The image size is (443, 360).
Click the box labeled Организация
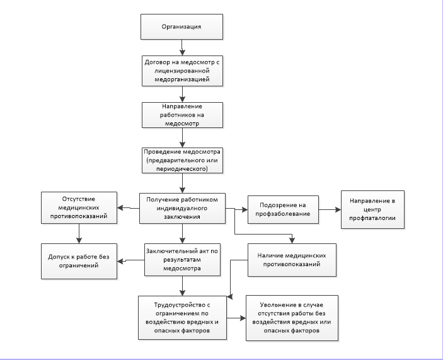point(181,26)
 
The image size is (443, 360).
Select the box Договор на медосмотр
point(182,71)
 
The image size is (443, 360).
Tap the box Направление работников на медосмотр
point(182,115)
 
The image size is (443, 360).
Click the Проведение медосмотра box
point(182,160)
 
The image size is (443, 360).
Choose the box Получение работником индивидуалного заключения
point(182,208)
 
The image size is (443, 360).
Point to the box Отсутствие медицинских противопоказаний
point(79,207)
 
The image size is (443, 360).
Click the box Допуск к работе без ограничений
point(79,261)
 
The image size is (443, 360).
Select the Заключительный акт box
point(182,260)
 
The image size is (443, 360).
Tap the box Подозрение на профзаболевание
point(283,209)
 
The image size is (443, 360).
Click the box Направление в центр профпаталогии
point(372,209)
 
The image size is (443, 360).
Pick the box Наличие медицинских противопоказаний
point(292,260)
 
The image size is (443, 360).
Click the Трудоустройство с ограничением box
point(182,318)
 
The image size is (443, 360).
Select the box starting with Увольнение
point(292,318)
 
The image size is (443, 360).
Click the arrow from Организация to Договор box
point(182,47)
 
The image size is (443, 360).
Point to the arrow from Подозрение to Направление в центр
point(330,210)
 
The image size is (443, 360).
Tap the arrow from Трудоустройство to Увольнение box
point(236,318)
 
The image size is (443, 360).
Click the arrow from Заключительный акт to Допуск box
point(130,261)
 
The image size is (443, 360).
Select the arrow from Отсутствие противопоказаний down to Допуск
point(79,233)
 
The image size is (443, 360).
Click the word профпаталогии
point(372,218)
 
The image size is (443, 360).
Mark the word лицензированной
point(182,71)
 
